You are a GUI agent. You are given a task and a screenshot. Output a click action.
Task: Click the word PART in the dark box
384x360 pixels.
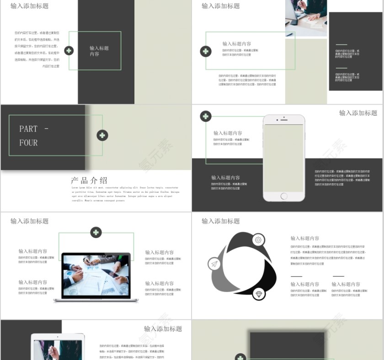[28, 129]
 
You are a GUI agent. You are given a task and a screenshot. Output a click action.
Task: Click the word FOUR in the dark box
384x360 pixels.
[28, 143]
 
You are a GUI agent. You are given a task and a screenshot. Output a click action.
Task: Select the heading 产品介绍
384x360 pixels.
[89, 180]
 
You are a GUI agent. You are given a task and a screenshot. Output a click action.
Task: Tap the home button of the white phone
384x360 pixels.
[284, 196]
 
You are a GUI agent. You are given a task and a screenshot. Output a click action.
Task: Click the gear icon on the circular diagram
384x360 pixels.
[258, 239]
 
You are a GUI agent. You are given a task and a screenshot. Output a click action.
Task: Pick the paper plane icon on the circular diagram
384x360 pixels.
[214, 264]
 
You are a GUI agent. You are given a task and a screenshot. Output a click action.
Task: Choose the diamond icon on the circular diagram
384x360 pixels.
[259, 293]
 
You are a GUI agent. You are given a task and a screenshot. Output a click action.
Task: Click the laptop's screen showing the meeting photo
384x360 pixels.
[96, 275]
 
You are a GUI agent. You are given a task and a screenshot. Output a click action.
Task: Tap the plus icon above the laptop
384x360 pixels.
[96, 233]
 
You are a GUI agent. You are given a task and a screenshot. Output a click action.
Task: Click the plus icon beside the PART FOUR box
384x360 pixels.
[102, 135]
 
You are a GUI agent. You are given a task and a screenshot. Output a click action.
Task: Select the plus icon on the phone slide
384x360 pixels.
[206, 116]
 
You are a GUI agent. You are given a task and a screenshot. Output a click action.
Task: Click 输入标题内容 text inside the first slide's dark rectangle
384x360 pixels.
[99, 51]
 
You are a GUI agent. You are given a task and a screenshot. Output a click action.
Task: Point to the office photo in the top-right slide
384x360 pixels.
[306, 17]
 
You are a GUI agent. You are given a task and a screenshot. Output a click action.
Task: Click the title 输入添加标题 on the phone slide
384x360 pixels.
[358, 113]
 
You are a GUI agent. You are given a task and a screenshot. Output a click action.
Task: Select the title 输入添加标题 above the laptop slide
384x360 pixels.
[29, 221]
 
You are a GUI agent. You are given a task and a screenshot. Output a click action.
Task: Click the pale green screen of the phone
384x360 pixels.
[283, 158]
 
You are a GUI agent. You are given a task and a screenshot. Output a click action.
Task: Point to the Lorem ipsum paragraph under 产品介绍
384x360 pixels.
[125, 194]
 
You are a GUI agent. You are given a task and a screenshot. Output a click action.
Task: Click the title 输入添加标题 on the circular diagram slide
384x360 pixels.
[220, 221]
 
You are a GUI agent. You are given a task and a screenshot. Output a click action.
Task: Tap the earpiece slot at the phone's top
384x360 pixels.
[284, 121]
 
